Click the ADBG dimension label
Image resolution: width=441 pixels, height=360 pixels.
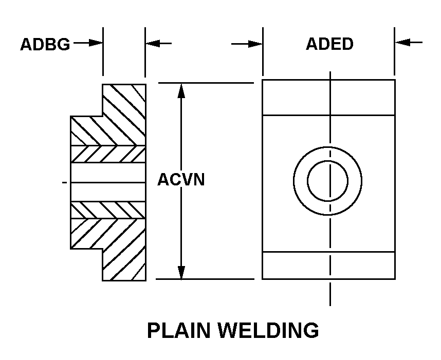[x=45, y=45]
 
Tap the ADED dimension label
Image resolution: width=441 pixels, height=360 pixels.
[x=329, y=44]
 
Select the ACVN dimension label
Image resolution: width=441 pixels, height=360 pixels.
[x=181, y=180]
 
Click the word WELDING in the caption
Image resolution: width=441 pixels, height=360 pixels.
[x=268, y=330]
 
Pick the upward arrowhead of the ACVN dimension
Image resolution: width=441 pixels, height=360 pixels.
[x=181, y=91]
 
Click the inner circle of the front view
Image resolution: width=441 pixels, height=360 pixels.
[x=327, y=180]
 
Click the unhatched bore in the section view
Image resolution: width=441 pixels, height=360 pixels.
[x=108, y=182]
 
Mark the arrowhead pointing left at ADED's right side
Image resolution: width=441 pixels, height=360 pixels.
[x=403, y=43]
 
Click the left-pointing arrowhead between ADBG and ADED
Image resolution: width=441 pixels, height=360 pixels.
[x=153, y=44]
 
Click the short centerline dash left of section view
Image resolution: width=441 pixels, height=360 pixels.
[x=64, y=182]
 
